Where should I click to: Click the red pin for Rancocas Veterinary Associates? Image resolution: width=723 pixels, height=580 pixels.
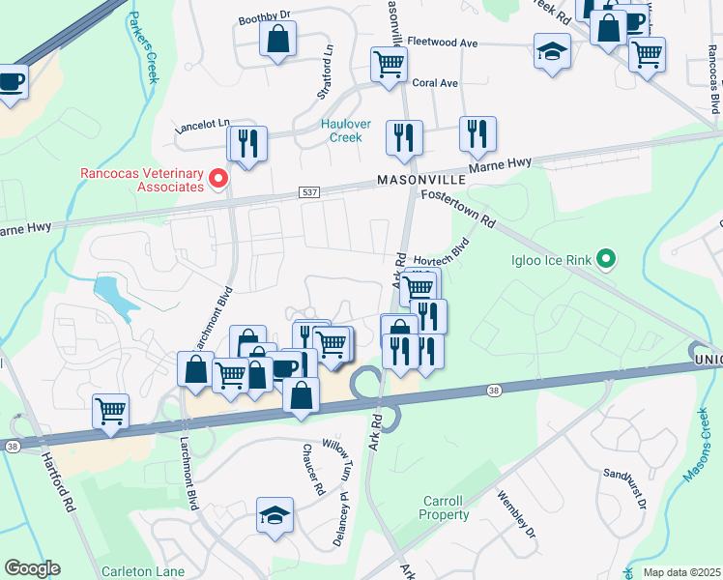219,178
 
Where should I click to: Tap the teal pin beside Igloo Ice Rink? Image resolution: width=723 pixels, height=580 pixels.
606,259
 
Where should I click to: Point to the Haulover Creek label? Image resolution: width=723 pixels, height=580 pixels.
342,130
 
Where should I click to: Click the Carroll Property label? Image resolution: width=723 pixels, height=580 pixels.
444,508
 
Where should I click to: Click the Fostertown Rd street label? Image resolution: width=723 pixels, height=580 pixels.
458,209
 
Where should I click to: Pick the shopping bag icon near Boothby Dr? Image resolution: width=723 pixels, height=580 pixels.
277,41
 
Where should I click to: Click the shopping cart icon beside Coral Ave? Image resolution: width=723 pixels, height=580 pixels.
389,65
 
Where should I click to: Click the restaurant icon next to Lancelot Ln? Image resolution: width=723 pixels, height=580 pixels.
246,143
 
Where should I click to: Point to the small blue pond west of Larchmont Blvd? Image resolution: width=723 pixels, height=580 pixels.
114,294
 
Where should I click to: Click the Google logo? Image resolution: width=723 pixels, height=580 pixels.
32,568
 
